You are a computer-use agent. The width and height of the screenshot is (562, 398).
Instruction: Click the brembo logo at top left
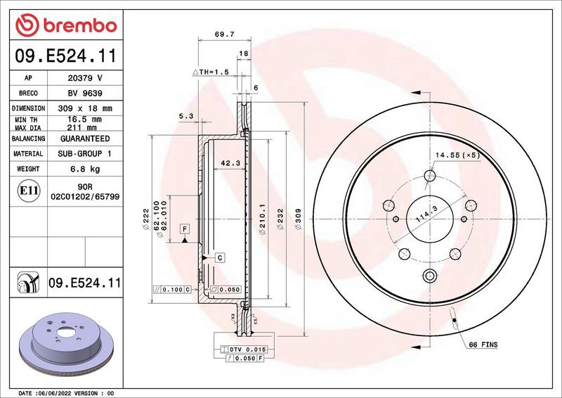(x=65, y=25)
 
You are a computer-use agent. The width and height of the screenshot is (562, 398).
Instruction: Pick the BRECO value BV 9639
(x=84, y=93)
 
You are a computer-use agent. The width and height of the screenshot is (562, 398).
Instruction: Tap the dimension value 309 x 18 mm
(x=84, y=108)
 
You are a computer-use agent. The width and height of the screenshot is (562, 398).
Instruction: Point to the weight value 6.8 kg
(x=84, y=169)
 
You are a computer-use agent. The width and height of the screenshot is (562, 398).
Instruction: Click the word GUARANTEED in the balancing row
(x=84, y=139)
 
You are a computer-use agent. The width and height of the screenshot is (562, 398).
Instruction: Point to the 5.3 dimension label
(x=185, y=117)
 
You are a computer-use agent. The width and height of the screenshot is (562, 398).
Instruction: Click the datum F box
(x=184, y=229)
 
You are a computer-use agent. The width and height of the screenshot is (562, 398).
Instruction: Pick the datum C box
(x=219, y=258)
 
